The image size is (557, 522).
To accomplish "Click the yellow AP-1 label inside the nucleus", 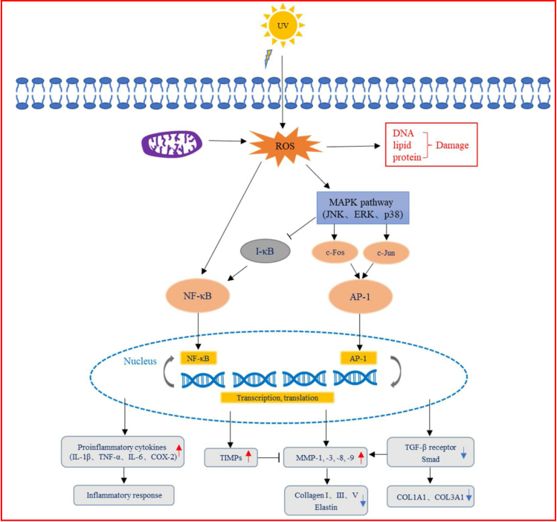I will [359, 358].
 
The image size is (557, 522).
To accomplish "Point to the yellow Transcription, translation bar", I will [277, 396].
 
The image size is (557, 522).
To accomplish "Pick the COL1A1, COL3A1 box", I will [431, 494].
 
